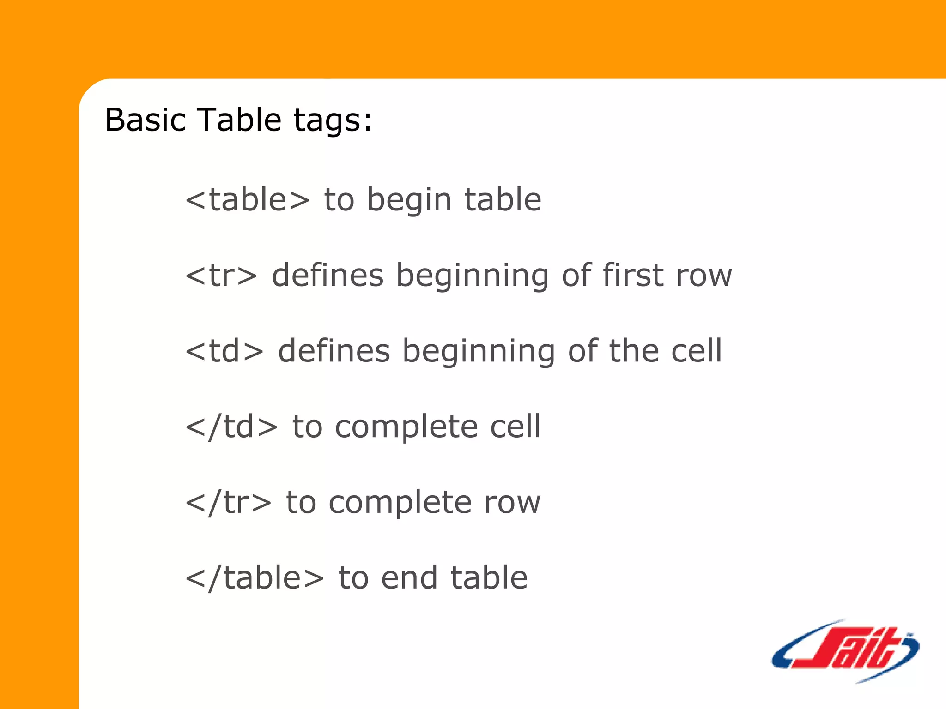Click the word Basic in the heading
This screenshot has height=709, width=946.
[145, 120]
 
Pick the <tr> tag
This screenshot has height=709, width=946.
[221, 276]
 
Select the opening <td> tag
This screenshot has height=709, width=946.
[224, 351]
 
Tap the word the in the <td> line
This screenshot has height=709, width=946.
[633, 351]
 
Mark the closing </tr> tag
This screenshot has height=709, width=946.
[228, 502]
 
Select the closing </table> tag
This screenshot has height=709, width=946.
[255, 578]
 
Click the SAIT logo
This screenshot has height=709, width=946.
[845, 651]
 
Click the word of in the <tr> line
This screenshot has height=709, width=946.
[576, 276]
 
